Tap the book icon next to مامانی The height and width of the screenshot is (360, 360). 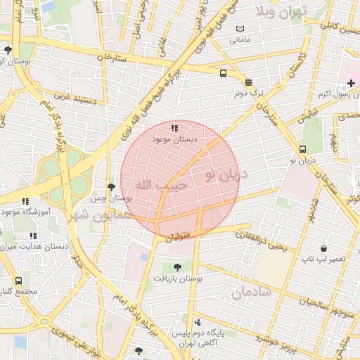coord(241,28)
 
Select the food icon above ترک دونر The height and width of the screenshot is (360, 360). coord(248,82)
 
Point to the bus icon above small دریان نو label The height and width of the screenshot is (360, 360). coord(302,149)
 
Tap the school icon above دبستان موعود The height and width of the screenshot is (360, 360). coord(174,128)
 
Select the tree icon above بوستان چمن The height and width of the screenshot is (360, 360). coord(111,186)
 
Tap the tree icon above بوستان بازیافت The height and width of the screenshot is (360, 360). coord(176,266)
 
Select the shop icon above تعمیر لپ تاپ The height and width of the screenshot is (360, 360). coord(323,248)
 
